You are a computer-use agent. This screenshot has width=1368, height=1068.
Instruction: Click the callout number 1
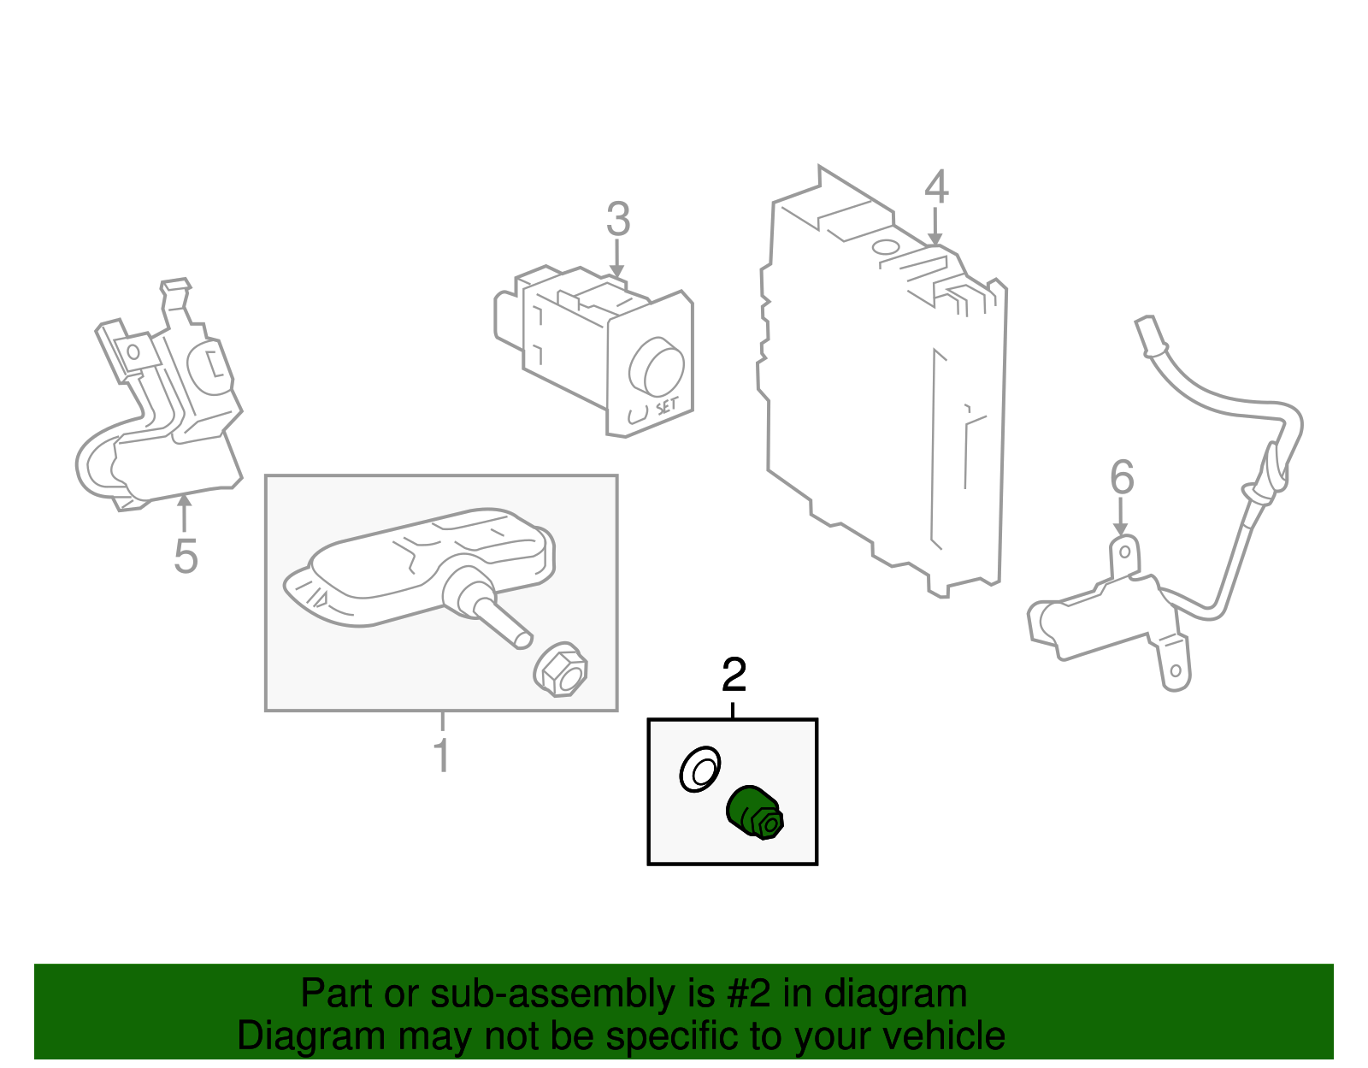[441, 754]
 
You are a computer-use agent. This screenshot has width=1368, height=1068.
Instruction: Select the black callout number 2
[734, 676]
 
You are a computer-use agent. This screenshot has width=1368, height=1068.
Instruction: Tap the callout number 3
[617, 220]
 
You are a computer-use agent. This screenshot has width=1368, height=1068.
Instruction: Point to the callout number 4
[936, 186]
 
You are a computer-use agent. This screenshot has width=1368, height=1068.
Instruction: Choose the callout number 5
[186, 557]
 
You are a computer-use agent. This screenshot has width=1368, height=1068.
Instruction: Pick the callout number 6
[1122, 478]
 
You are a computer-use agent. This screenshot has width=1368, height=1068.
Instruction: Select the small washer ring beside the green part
[699, 770]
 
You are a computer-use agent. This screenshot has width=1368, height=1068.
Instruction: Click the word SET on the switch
[667, 406]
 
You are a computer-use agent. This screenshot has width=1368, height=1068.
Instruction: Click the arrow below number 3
[616, 260]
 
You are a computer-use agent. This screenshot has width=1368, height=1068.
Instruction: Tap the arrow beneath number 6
[1120, 518]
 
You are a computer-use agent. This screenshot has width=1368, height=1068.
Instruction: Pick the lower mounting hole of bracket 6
[1175, 671]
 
